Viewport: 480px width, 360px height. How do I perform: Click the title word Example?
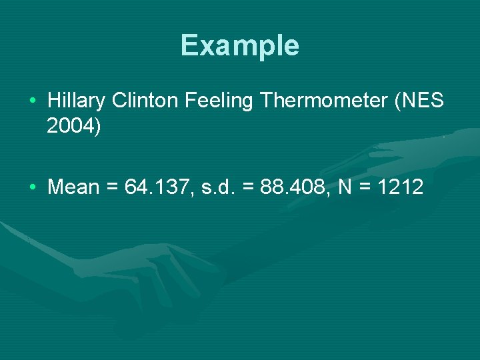point(239,46)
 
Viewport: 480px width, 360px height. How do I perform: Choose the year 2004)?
point(74,126)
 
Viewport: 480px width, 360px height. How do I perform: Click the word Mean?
point(73,187)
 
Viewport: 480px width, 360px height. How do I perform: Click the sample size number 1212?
point(400,187)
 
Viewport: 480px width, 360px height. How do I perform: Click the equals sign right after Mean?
point(111,188)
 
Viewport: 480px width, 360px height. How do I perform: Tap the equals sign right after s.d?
point(248,188)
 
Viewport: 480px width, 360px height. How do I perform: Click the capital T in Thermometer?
point(267,101)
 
